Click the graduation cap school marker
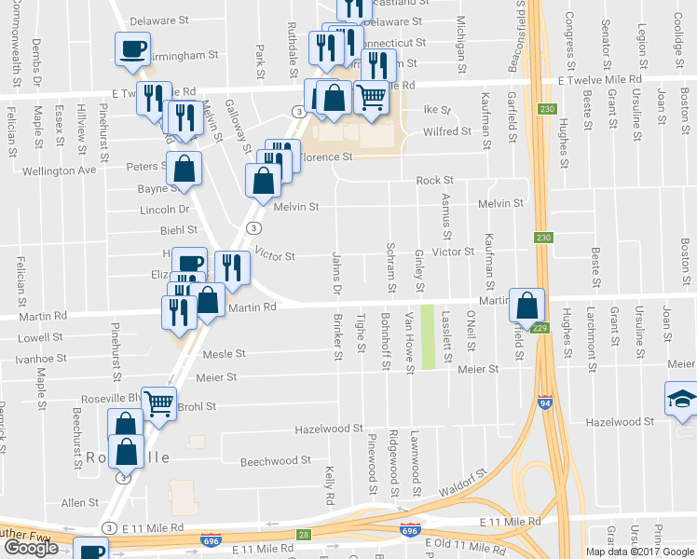click(x=679, y=399)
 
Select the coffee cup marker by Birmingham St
click(x=131, y=48)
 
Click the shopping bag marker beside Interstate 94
click(x=527, y=305)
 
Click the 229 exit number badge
click(x=540, y=327)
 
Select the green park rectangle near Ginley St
click(x=429, y=337)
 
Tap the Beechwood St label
click(x=275, y=461)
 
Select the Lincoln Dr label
click(x=164, y=210)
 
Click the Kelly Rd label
click(x=329, y=486)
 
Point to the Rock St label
click(x=434, y=180)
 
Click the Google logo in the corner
click(x=32, y=548)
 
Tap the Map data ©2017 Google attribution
click(x=639, y=552)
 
